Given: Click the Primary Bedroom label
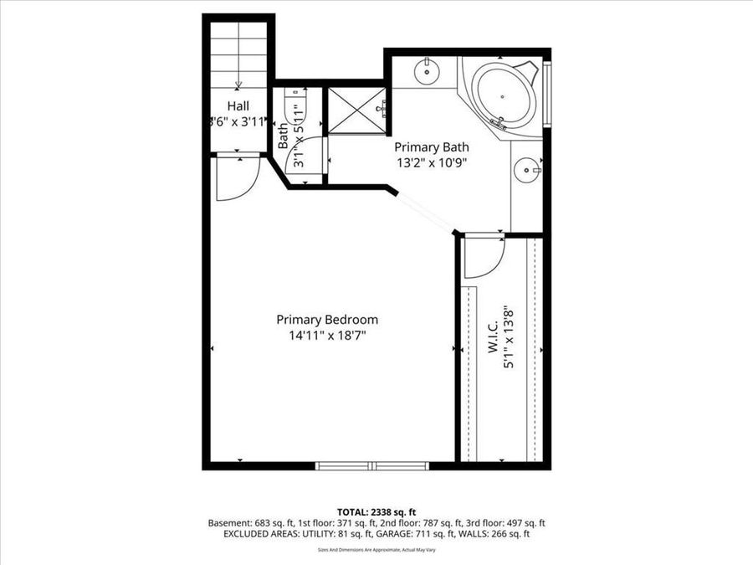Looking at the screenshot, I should [327, 319].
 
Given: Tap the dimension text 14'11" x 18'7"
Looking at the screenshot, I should [327, 335].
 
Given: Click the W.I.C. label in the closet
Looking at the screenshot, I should [493, 334].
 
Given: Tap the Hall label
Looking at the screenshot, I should [238, 106].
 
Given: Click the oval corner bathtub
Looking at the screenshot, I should [503, 95].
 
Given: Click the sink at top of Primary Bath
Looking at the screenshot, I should [427, 69].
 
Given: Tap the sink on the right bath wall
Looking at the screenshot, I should [527, 171].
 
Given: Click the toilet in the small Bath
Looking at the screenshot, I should [295, 109].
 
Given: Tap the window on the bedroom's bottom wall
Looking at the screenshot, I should [373, 465].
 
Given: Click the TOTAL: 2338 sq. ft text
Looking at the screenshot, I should [376, 511].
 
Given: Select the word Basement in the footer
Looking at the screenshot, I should [228, 522].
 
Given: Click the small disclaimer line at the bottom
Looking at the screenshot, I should [376, 549].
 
